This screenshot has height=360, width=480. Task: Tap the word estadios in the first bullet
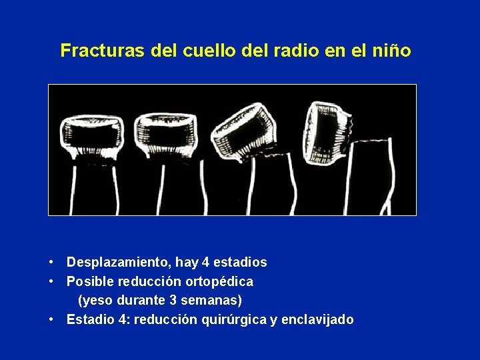[x=241, y=263]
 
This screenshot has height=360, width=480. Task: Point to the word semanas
[x=215, y=301]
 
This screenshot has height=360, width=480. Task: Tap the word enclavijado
[x=318, y=320]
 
